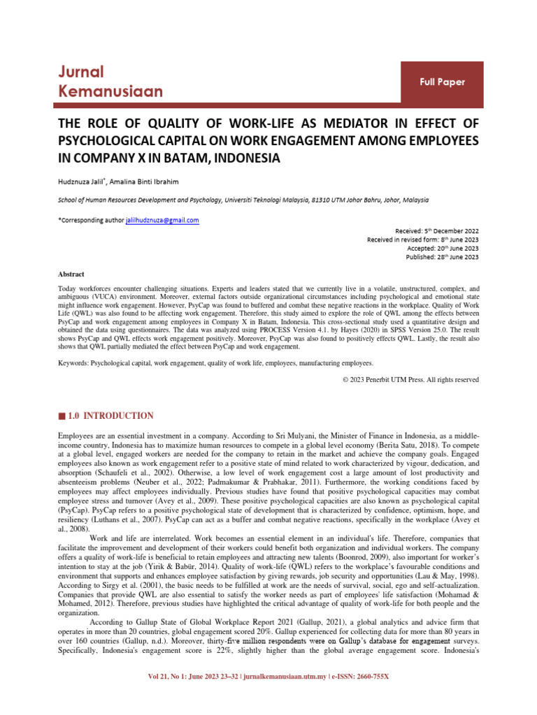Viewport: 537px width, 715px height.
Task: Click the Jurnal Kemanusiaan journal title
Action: (110, 82)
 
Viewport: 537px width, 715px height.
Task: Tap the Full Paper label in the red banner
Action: (442, 82)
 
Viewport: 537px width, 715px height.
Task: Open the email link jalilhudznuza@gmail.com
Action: (162, 221)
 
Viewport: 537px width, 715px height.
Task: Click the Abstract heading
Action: (71, 274)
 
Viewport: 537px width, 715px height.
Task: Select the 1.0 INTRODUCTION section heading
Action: (110, 415)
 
